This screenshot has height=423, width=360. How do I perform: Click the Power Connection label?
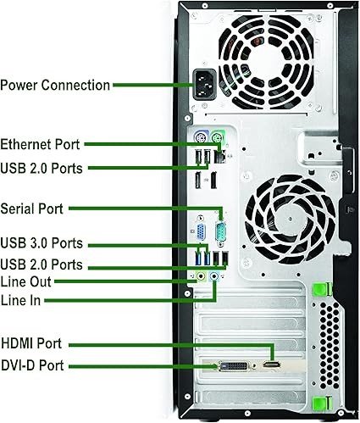point(55,86)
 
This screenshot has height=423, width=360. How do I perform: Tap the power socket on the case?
point(205,84)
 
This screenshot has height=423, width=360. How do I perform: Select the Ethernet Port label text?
point(40,144)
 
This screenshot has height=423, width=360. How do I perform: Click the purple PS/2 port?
point(201,138)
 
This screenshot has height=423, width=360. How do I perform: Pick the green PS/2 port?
point(218,137)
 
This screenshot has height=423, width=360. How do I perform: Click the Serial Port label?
point(31,209)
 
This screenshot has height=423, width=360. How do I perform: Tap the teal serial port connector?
point(221,231)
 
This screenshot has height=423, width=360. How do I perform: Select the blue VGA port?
point(202,232)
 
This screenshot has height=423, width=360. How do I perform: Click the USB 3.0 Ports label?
point(42,243)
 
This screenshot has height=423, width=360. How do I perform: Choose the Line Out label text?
point(25,282)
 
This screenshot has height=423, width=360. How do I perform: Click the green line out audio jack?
point(201,276)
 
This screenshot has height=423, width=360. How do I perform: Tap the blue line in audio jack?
point(215,276)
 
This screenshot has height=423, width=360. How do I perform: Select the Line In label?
point(20,300)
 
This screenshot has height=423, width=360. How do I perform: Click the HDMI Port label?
point(31,343)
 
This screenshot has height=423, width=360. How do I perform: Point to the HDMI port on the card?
point(272,365)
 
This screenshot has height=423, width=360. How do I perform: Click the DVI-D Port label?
point(32,365)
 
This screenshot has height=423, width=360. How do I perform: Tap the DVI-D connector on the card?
point(234,366)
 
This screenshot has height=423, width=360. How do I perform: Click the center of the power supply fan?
point(266,63)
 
